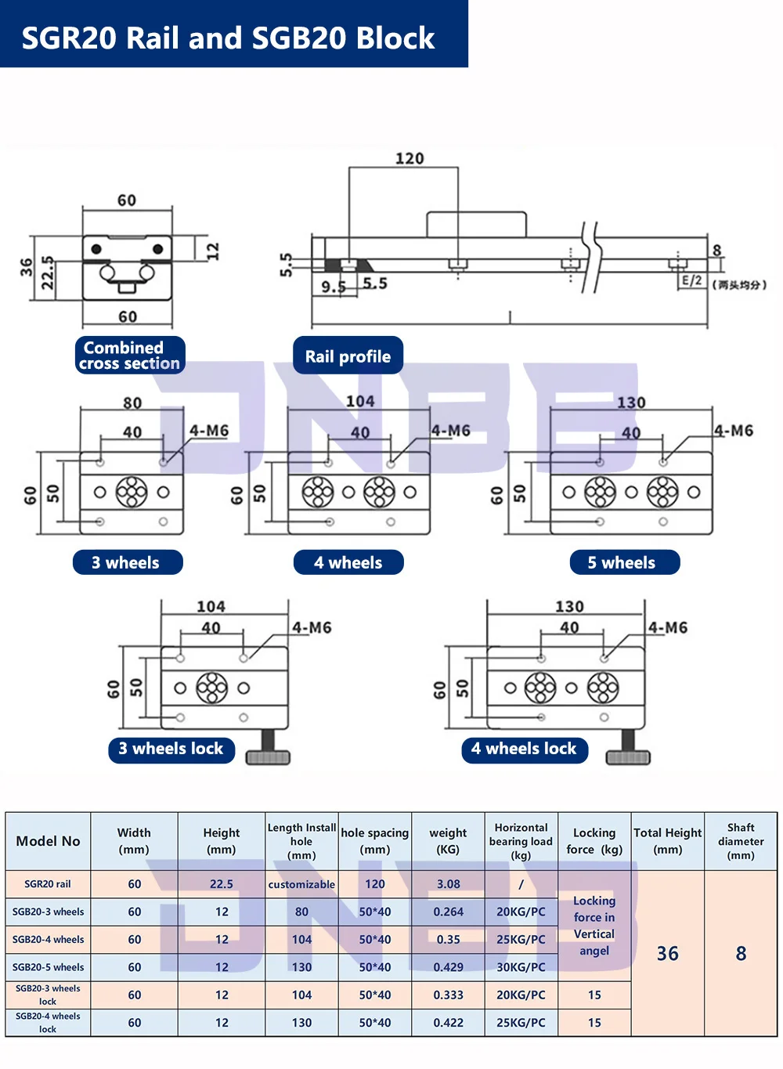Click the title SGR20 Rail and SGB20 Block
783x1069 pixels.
click(228, 38)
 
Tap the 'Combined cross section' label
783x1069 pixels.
click(130, 355)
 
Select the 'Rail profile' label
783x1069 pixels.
click(348, 356)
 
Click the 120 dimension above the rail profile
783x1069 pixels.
click(410, 158)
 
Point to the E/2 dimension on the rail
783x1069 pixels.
click(691, 280)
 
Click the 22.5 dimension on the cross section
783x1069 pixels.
click(48, 273)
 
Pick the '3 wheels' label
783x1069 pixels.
click(128, 562)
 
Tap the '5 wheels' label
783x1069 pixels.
click(625, 562)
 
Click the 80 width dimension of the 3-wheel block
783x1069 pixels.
click(132, 403)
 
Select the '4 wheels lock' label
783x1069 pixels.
click(525, 749)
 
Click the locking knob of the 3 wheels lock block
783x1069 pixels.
click(268, 749)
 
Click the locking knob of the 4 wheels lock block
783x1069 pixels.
click(629, 749)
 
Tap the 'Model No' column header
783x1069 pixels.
click(48, 841)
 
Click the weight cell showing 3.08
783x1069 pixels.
click(449, 884)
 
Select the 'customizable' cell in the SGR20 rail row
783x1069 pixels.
click(301, 884)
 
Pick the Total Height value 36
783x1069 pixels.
click(668, 953)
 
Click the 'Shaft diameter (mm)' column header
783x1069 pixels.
click(741, 841)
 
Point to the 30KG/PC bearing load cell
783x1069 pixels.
click(521, 967)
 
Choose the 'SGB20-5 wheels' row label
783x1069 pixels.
click(48, 967)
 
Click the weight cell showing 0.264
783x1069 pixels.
click(449, 912)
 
